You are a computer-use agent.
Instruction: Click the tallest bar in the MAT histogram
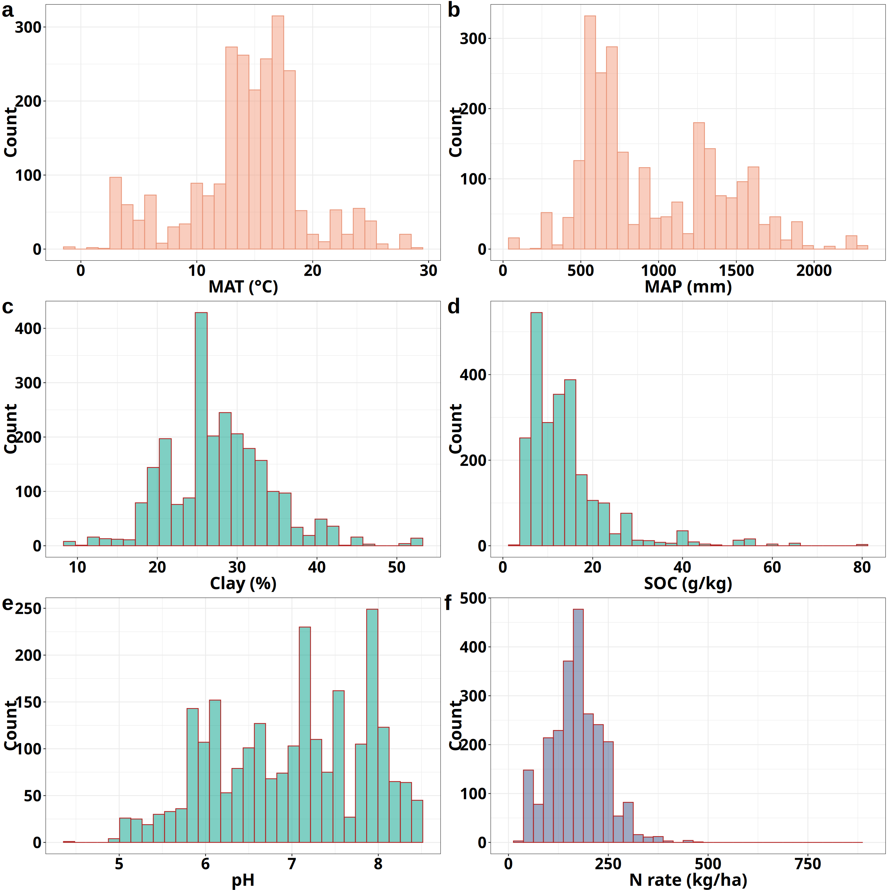(x=278, y=133)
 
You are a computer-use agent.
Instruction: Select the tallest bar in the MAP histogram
(x=590, y=133)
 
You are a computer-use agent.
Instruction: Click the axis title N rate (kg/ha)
(x=688, y=880)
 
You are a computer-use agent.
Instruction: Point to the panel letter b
(x=454, y=10)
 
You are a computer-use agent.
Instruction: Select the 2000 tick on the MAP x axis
(x=814, y=270)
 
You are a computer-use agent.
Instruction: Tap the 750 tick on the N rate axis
(x=808, y=864)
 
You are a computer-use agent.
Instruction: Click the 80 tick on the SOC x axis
(x=862, y=567)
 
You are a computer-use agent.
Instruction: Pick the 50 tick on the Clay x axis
(x=397, y=567)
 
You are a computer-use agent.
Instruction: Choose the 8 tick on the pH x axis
(x=378, y=864)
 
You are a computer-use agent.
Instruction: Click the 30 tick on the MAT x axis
(x=428, y=270)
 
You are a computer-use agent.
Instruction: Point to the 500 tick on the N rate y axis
(x=473, y=598)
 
